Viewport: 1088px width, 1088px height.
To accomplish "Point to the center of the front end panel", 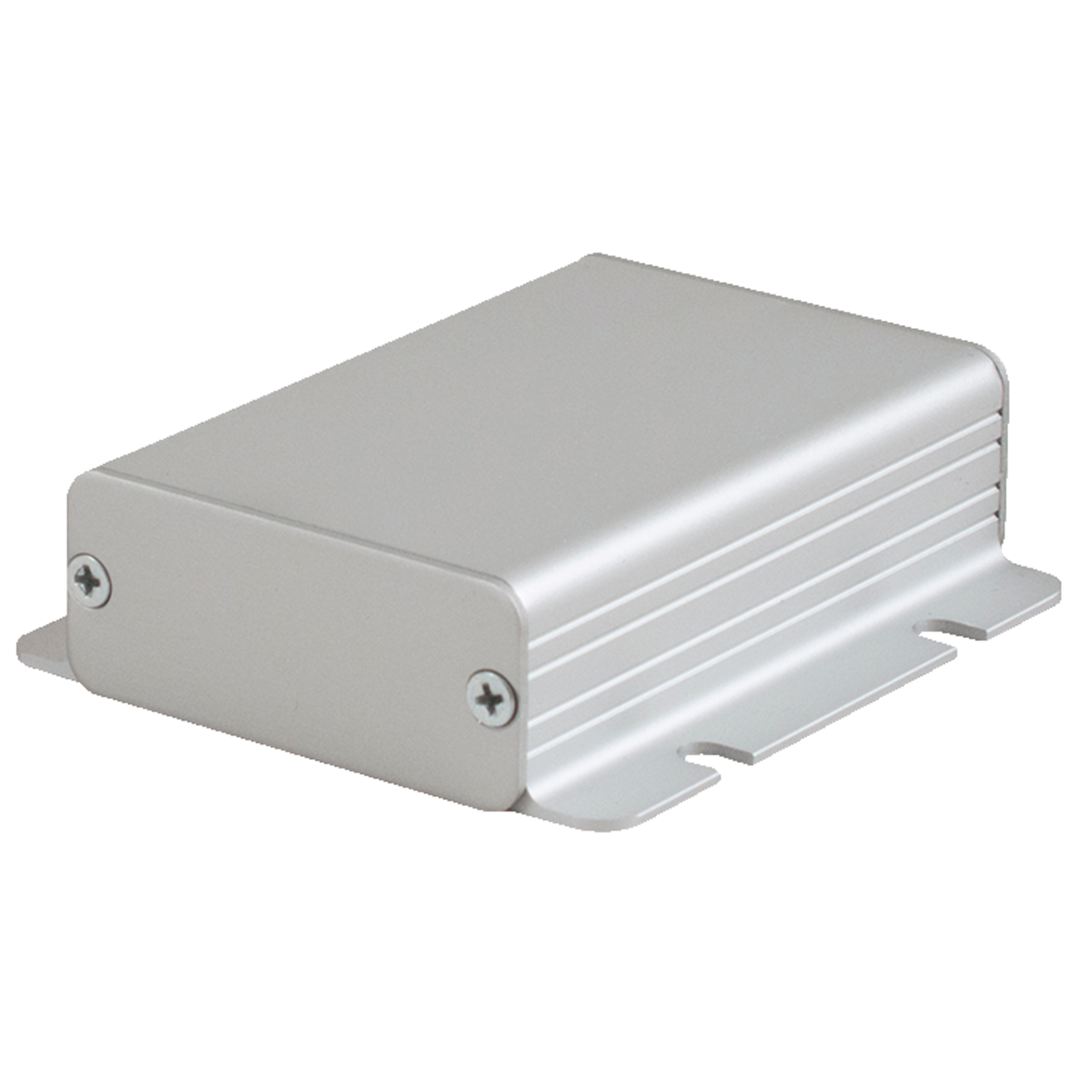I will tap(293, 636).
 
